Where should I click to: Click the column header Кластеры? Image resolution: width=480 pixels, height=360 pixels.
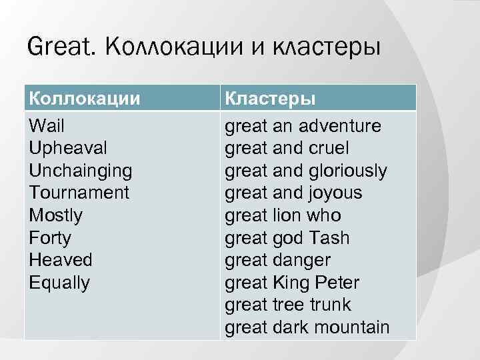click(x=270, y=98)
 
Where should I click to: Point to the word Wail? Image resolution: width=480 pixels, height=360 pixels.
click(x=47, y=126)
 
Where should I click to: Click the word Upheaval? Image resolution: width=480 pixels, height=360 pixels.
click(x=68, y=148)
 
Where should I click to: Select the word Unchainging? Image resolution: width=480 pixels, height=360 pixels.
click(x=81, y=171)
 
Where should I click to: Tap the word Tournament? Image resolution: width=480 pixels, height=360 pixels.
click(x=79, y=193)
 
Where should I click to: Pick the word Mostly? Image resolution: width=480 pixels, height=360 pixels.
click(x=56, y=215)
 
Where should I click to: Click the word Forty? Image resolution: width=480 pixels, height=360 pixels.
click(x=50, y=238)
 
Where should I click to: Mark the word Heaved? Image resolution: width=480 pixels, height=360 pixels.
click(x=61, y=260)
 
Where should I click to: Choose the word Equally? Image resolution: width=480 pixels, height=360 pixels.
click(x=59, y=283)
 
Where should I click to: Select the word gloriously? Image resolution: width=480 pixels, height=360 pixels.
click(x=347, y=171)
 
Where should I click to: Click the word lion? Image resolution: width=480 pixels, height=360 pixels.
click(x=289, y=215)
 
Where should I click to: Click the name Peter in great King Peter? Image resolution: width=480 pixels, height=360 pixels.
click(x=336, y=283)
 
